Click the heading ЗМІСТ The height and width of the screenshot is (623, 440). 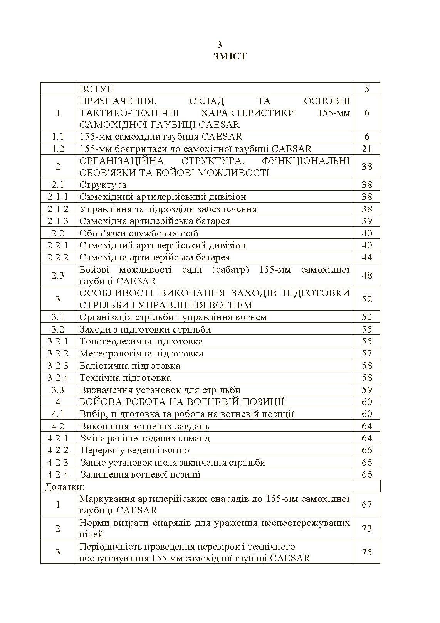click(230, 56)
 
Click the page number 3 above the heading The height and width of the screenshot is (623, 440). click(220, 44)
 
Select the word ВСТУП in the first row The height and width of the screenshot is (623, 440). click(97, 89)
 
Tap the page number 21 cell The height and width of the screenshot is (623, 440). click(367, 149)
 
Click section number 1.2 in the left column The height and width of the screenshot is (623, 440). click(58, 149)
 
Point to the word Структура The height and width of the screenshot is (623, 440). click(103, 185)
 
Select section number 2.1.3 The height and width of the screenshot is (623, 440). click(58, 221)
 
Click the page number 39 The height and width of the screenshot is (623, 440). click(367, 221)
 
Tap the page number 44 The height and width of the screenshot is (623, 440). click(367, 257)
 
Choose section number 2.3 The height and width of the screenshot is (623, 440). click(58, 275)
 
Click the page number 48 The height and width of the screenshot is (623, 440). click(367, 275)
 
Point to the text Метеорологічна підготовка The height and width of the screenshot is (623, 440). click(141, 353)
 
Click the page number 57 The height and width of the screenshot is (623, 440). click(367, 353)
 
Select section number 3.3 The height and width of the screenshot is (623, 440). click(58, 390)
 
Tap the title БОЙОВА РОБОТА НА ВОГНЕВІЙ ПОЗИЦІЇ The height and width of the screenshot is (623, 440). click(181, 402)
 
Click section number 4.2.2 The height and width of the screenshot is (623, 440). click(58, 450)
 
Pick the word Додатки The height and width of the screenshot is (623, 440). click(65, 486)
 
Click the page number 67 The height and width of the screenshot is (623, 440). click(367, 504)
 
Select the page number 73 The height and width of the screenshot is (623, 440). click(367, 528)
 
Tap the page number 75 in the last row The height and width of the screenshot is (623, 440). click(367, 552)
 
